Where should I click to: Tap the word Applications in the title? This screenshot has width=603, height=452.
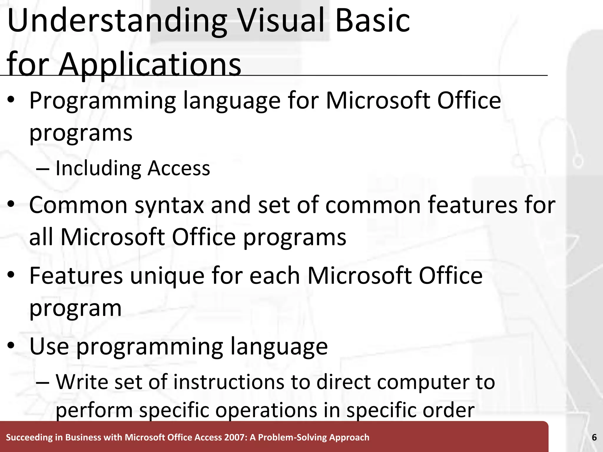tap(150, 64)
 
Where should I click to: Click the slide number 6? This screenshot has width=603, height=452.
tap(594, 438)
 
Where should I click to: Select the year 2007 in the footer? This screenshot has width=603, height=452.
tap(235, 438)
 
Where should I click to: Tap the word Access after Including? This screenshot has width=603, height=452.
tap(179, 168)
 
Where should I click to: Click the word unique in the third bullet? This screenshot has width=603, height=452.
tap(167, 276)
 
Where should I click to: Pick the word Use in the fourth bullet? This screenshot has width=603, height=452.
tap(49, 346)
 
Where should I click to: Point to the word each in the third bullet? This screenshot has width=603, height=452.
tap(275, 276)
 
